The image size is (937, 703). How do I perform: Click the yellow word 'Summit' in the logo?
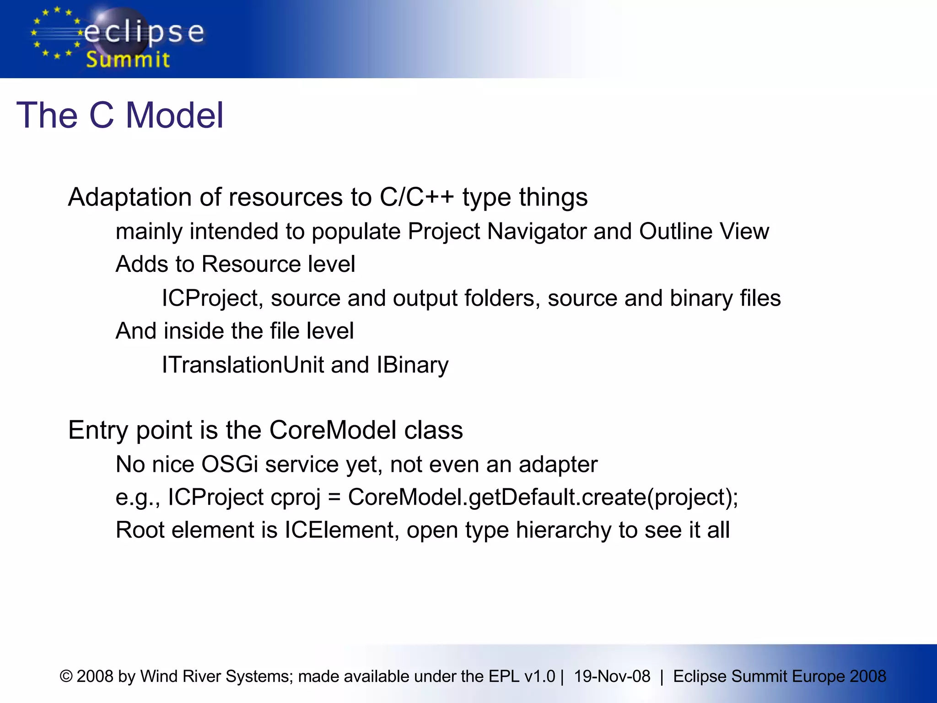coord(128,60)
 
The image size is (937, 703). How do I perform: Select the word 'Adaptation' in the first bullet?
coord(129,197)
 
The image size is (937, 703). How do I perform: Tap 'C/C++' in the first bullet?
coord(416,197)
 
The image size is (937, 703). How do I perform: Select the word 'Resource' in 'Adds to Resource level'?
coord(251,264)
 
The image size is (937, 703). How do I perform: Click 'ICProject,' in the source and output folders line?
coord(212,298)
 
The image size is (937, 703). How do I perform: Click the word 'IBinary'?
coord(412,365)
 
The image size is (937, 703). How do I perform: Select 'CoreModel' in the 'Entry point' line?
coord(333,430)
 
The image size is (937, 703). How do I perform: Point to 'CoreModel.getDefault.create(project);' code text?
coord(543,497)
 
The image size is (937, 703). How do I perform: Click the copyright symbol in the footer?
coord(66,676)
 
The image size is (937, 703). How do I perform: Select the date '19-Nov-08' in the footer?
coord(612,676)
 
